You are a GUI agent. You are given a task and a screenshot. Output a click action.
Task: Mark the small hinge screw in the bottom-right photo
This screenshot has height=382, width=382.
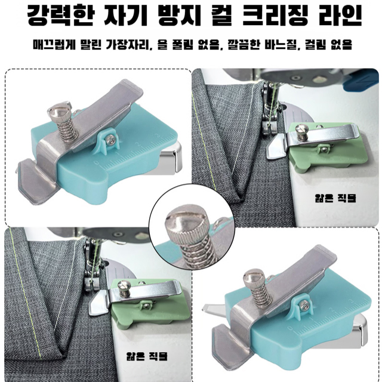[x=305, y=305]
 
